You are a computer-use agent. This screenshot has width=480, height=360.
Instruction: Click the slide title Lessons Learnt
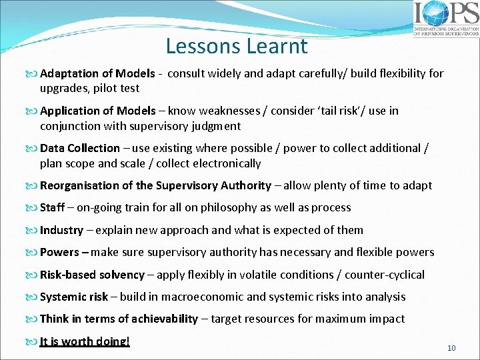[x=237, y=46]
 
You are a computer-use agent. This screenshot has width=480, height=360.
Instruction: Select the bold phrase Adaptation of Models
[x=97, y=73]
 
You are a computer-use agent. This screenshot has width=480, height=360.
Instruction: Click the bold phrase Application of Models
[x=97, y=111]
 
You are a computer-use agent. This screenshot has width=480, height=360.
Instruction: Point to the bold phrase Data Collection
[x=80, y=148]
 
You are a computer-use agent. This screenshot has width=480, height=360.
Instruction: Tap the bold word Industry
[x=61, y=230]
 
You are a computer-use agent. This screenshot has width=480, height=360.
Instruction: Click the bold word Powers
[x=59, y=252]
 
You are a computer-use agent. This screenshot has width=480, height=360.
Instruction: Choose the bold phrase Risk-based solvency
[x=92, y=275]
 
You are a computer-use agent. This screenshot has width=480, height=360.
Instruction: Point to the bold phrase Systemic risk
[x=73, y=297]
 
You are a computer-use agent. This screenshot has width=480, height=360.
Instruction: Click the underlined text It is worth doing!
[x=85, y=341]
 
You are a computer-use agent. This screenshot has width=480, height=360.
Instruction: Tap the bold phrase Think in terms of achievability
[x=119, y=319]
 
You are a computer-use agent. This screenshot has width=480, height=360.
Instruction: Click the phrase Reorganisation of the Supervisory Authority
[x=155, y=185]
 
